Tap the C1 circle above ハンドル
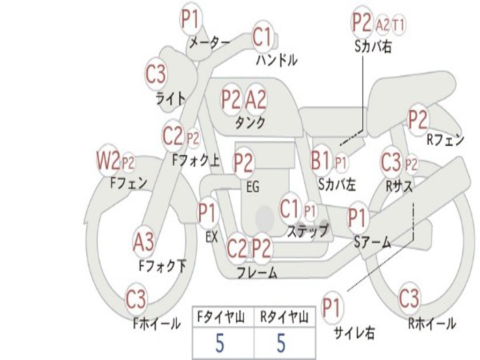click(262, 37)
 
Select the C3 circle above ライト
click(156, 75)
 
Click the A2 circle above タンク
click(256, 99)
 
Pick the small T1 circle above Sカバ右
click(398, 25)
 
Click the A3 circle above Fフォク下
click(143, 242)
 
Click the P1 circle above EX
click(208, 214)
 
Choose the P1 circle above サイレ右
click(332, 308)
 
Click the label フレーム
click(257, 272)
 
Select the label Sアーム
click(372, 242)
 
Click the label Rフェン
click(445, 140)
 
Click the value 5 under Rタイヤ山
click(281, 344)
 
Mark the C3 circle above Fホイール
click(136, 299)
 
